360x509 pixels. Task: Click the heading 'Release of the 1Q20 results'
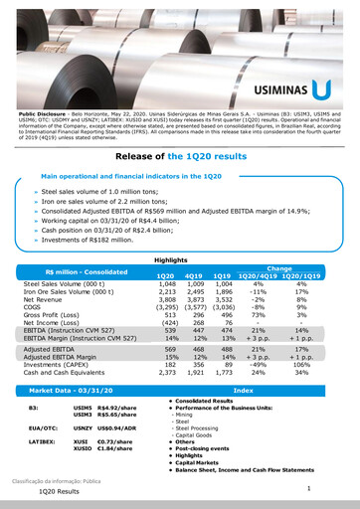pos(179,157)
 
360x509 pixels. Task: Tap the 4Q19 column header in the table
pos(195,274)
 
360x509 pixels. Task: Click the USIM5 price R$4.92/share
pos(116,408)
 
